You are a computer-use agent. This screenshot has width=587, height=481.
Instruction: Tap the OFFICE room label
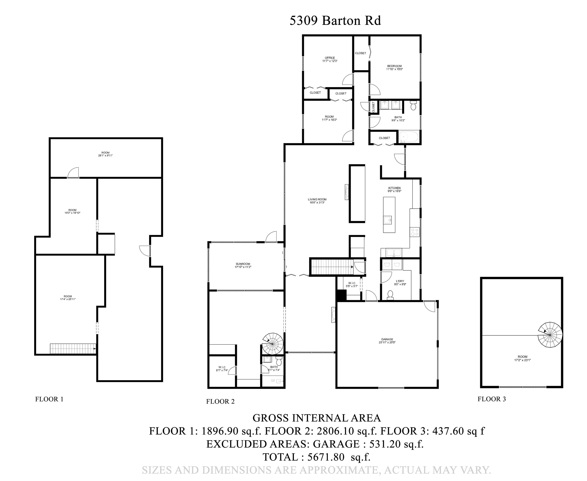(x=330, y=59)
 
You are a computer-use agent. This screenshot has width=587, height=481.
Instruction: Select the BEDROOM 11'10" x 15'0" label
(x=394, y=68)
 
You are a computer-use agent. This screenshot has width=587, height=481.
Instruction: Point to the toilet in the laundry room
(x=390, y=295)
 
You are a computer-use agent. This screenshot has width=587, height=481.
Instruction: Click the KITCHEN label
(x=394, y=189)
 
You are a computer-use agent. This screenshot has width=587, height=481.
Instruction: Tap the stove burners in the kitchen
(x=415, y=232)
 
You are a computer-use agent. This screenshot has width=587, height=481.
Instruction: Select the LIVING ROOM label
(x=317, y=201)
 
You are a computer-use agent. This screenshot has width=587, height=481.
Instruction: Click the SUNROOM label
(x=243, y=265)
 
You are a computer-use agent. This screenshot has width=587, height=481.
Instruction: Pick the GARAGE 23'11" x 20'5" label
(x=387, y=340)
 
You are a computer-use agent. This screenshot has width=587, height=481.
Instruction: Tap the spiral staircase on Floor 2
(x=272, y=344)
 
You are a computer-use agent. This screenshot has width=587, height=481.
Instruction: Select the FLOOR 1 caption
(x=49, y=399)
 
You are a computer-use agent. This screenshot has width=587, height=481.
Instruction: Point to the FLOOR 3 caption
(x=492, y=399)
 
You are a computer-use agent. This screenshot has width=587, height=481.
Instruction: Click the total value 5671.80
(x=326, y=457)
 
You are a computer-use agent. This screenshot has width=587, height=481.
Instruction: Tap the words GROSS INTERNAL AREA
(x=317, y=418)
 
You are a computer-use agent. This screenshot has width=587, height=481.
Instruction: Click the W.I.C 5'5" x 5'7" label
(x=351, y=285)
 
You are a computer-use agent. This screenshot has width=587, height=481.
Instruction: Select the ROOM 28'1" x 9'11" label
(x=105, y=154)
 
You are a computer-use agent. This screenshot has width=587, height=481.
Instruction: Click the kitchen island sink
(x=388, y=220)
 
